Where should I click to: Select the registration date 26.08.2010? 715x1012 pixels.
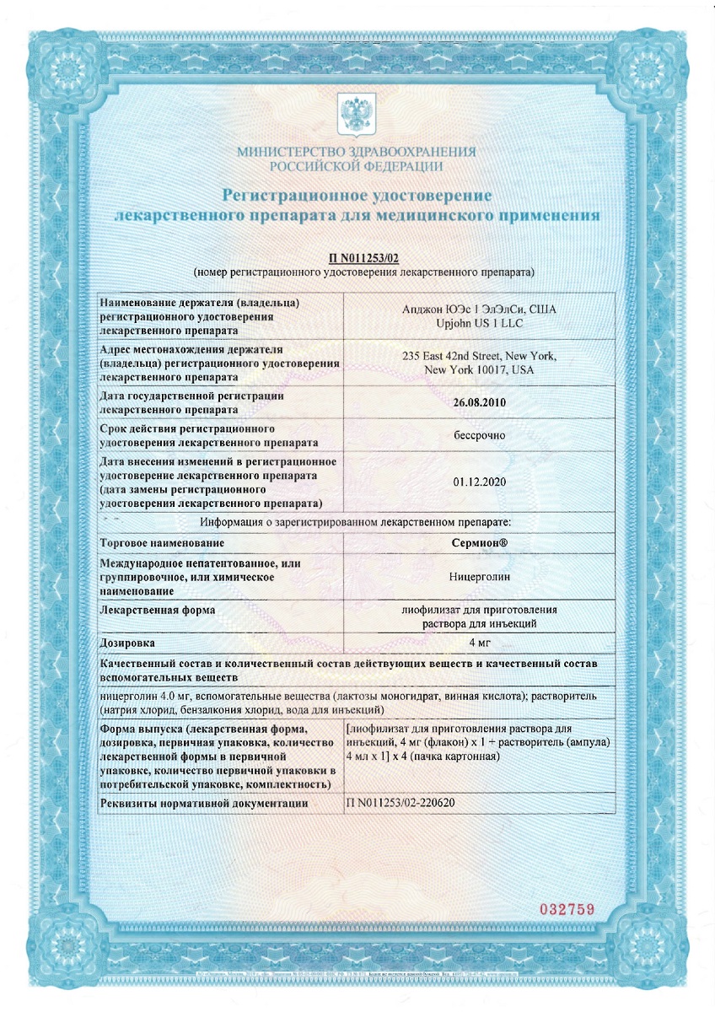[479, 402]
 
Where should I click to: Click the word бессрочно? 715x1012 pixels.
[479, 435]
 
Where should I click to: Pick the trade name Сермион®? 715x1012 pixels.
[479, 543]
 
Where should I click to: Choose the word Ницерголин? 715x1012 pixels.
[479, 578]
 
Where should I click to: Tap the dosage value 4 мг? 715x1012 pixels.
[479, 643]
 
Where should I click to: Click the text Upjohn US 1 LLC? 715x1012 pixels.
[479, 323]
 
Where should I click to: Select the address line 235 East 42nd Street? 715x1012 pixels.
[479, 356]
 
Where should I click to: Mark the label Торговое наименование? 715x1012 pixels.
[164, 543]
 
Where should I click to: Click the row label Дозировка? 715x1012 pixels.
[128, 643]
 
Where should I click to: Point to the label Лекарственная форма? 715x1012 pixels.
[157, 610]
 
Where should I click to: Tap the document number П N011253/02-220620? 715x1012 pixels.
[401, 803]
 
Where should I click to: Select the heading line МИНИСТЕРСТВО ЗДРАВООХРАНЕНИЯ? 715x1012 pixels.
[357, 152]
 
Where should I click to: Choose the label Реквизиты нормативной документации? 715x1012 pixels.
[202, 803]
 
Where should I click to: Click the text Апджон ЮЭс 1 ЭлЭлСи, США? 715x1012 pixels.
[479, 309]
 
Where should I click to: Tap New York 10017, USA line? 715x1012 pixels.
[479, 370]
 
